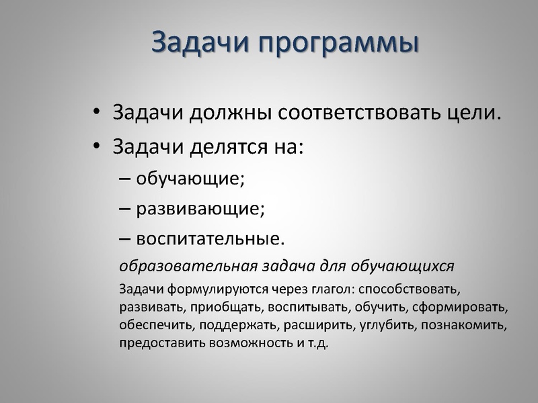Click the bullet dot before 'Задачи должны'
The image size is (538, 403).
pos(98,112)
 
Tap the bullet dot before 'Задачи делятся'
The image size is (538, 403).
pos(98,146)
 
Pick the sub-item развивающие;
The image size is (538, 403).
pos(200,208)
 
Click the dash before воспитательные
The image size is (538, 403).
pos(126,239)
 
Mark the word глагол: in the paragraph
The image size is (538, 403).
pos(332,289)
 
